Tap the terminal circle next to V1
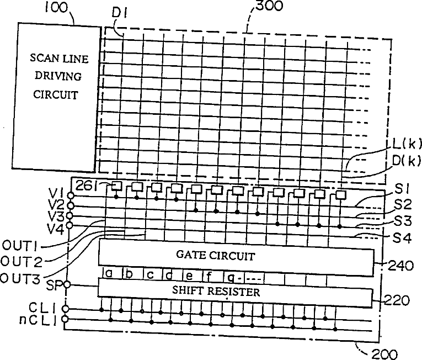(x=70, y=194)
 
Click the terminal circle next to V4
(x=70, y=225)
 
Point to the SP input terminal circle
(x=67, y=285)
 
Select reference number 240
(x=397, y=266)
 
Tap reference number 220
(x=397, y=300)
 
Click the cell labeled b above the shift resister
(x=128, y=273)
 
